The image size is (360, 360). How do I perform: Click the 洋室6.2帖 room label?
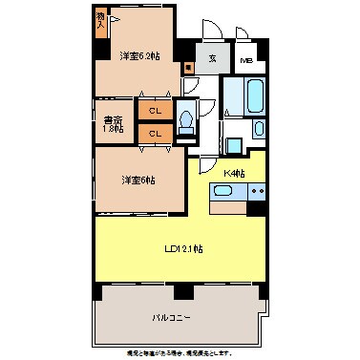tap(138, 54)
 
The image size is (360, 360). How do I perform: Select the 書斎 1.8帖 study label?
tap(113, 123)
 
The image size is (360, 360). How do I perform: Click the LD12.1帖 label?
tap(183, 249)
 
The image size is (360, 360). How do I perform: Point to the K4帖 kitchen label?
tap(234, 173)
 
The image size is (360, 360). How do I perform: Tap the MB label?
tap(246, 61)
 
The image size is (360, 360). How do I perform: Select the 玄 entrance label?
tap(213, 56)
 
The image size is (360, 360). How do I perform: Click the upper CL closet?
tap(154, 111)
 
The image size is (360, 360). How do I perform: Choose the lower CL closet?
tap(154, 134)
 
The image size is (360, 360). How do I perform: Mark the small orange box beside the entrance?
tap(189, 68)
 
